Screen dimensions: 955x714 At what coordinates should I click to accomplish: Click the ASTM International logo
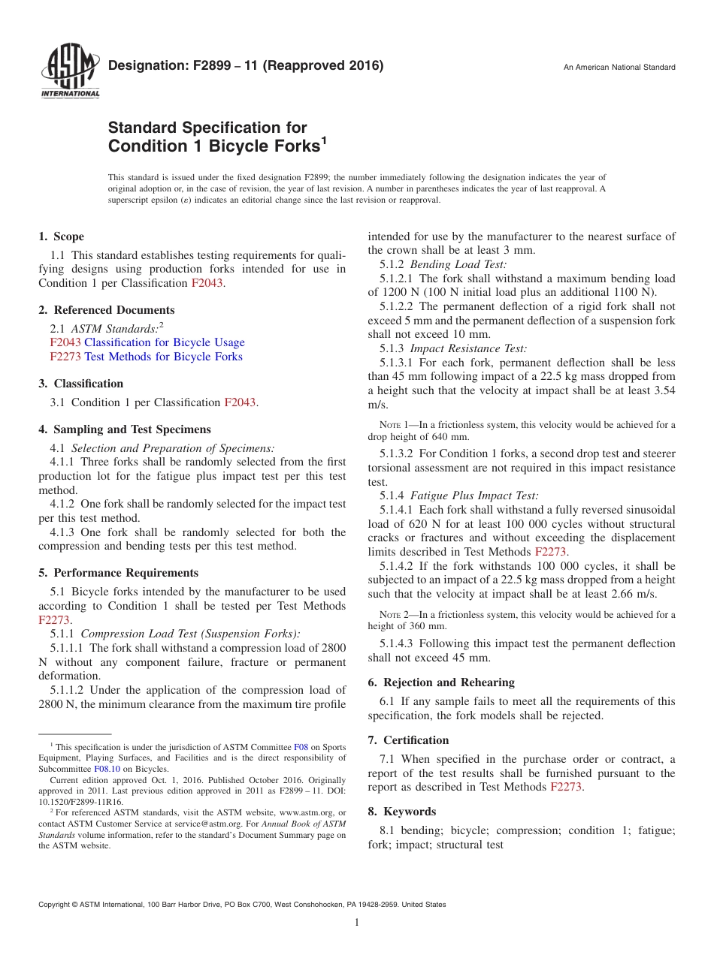(x=69, y=73)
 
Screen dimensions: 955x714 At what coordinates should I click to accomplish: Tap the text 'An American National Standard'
(x=619, y=68)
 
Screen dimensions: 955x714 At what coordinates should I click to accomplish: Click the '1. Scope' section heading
(x=61, y=236)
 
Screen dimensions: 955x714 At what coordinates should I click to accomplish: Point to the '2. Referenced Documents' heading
(x=106, y=310)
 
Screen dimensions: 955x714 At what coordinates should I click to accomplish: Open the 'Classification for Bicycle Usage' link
(x=164, y=342)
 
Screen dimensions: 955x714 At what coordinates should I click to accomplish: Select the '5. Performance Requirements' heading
(x=118, y=573)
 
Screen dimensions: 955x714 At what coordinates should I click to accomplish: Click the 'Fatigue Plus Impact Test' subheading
(x=473, y=496)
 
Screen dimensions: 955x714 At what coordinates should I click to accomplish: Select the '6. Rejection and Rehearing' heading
(x=441, y=682)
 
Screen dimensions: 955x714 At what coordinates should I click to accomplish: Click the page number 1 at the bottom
(x=357, y=923)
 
